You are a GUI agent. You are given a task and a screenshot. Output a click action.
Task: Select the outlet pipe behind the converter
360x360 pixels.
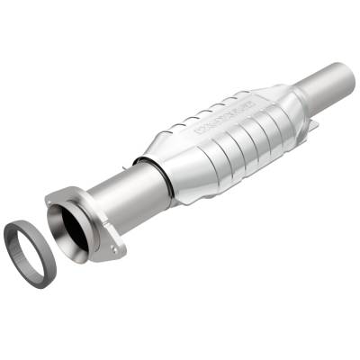pos(319,89)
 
